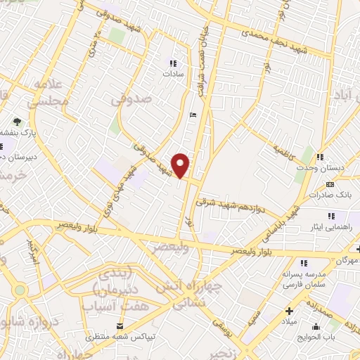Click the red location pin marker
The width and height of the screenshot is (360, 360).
pos(181,166)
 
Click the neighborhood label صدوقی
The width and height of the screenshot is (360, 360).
pos(131,101)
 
